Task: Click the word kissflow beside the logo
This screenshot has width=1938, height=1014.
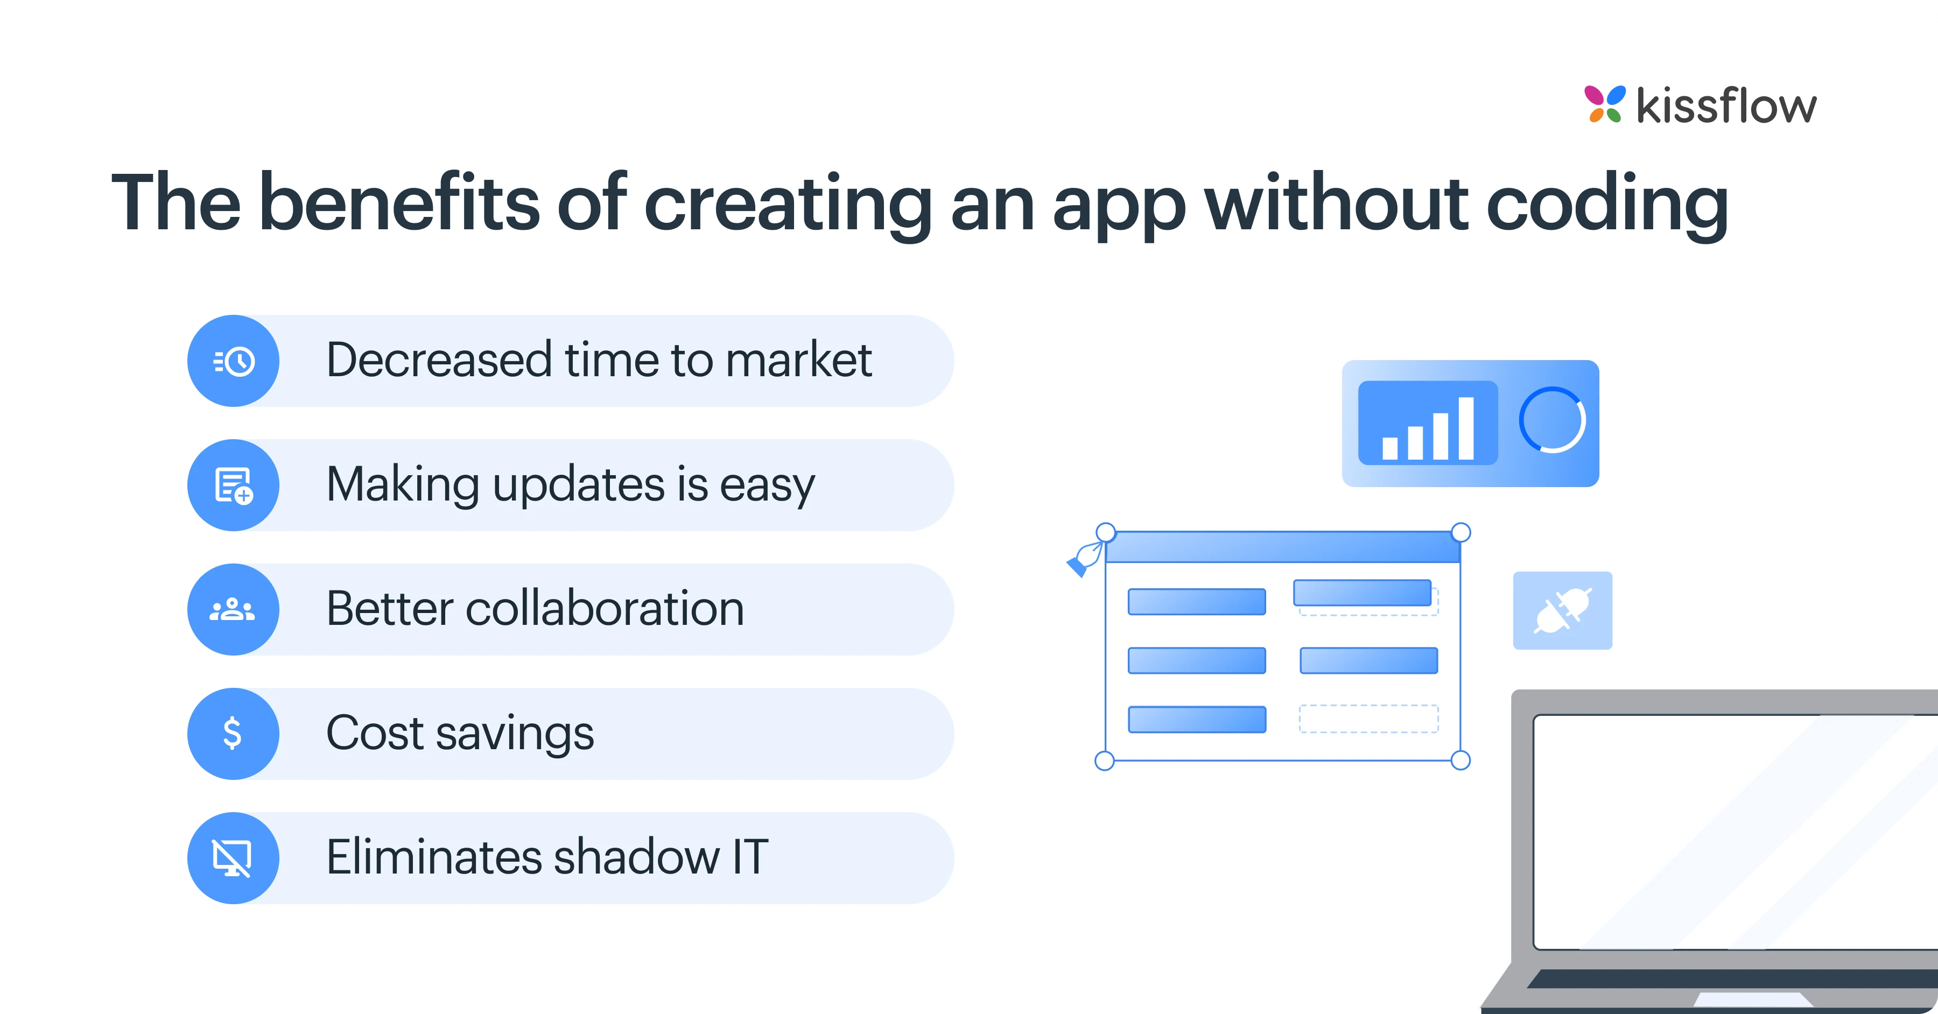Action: tap(1726, 106)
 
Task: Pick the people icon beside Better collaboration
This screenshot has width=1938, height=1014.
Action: tap(233, 609)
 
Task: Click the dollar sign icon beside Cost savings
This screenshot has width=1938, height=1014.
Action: tap(233, 734)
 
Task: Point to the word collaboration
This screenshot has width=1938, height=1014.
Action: tap(605, 609)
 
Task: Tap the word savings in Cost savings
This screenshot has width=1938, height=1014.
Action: tap(515, 734)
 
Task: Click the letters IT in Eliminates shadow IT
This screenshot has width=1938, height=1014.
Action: tap(749, 857)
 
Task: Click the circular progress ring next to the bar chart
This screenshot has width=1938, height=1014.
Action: tap(1552, 420)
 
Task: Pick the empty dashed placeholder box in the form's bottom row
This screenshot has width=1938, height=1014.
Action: tap(1368, 719)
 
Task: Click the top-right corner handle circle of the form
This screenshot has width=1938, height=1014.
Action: tap(1460, 533)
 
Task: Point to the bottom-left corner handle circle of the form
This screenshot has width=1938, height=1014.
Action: tap(1105, 760)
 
